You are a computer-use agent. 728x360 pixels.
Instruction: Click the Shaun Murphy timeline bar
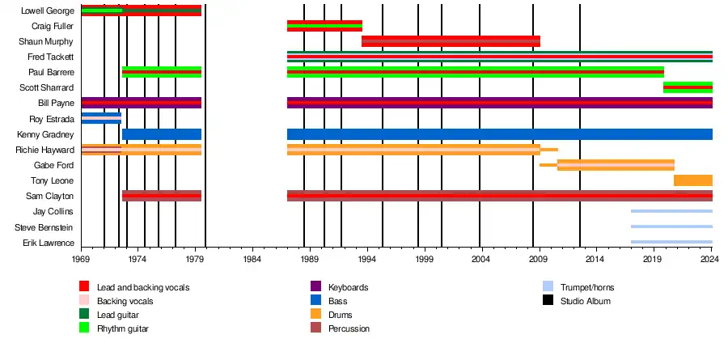click(x=451, y=41)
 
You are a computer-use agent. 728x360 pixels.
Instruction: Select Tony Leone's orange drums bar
click(x=692, y=180)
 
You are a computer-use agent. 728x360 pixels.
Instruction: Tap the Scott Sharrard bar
click(x=688, y=87)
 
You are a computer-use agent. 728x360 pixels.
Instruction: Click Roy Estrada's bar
click(x=101, y=118)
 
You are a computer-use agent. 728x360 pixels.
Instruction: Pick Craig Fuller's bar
click(x=324, y=26)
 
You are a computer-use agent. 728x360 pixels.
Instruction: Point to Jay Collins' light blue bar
click(x=671, y=211)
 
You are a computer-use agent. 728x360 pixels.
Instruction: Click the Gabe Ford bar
click(x=615, y=165)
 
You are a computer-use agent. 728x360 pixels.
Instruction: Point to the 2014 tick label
click(x=595, y=259)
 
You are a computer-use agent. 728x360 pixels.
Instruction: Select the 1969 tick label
click(x=81, y=259)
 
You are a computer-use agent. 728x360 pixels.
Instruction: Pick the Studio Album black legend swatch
click(x=548, y=301)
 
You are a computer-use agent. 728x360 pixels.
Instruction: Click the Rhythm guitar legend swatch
click(x=84, y=328)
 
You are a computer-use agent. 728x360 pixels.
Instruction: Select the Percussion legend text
click(x=350, y=328)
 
